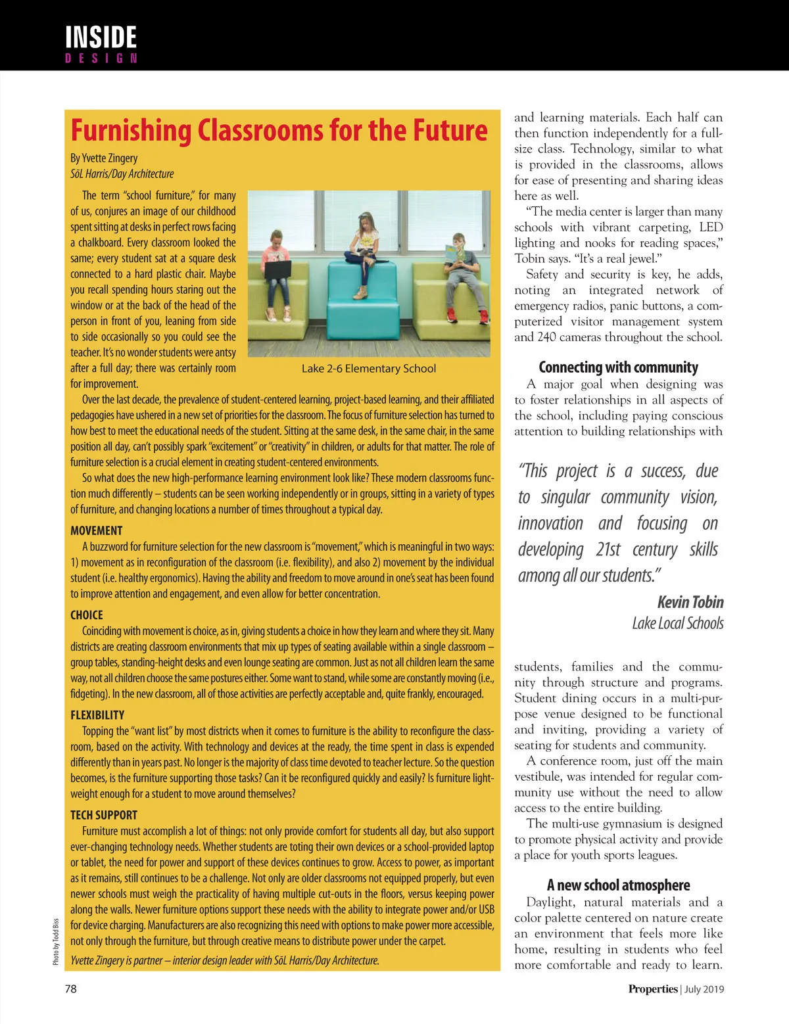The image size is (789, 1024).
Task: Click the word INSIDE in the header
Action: (x=101, y=37)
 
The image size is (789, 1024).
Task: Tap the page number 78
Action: (x=70, y=989)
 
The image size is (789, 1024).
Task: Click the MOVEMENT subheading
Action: (x=97, y=530)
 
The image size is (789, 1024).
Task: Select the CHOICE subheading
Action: (x=87, y=615)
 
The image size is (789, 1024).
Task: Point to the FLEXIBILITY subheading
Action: (x=97, y=715)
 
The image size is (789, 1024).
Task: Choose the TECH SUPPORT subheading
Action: (x=104, y=815)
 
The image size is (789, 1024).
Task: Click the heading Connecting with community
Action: (x=618, y=367)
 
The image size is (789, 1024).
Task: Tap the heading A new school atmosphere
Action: (x=618, y=885)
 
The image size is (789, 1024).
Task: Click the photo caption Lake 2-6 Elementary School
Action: (x=368, y=369)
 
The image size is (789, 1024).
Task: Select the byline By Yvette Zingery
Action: (x=104, y=158)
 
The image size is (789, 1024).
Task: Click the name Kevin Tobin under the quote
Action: (x=690, y=602)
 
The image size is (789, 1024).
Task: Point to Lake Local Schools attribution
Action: (x=677, y=623)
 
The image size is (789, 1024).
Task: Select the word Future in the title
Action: (x=450, y=130)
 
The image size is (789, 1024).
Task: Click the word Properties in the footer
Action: (x=652, y=989)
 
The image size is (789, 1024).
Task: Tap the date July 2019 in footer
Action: (x=704, y=989)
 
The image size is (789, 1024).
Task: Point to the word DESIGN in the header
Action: (x=101, y=58)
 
